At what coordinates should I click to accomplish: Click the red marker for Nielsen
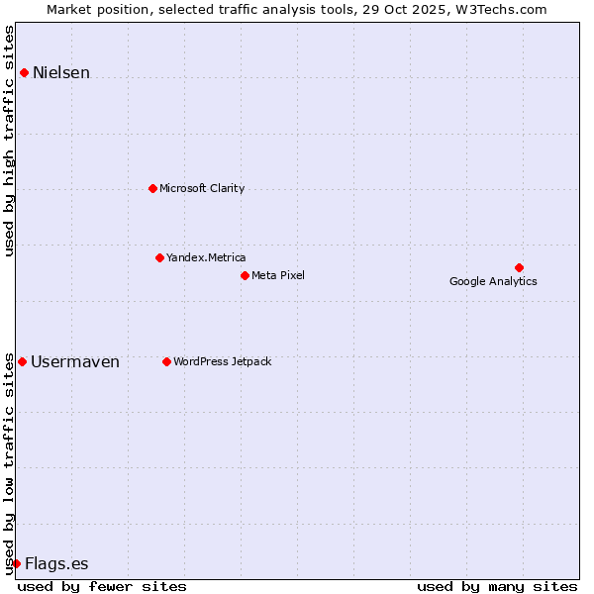pyautogui.click(x=24, y=72)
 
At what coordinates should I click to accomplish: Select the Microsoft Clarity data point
pyautogui.click(x=152, y=188)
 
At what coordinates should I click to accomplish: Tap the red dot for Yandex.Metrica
pyautogui.click(x=159, y=257)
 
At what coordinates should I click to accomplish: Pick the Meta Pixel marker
pyautogui.click(x=245, y=275)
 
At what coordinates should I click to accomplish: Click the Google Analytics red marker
pyautogui.click(x=519, y=267)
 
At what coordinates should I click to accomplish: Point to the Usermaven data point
pyautogui.click(x=22, y=361)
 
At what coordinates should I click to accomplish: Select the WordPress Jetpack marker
pyautogui.click(x=166, y=361)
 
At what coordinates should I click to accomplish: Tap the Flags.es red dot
pyautogui.click(x=16, y=563)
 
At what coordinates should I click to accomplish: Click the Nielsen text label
pyautogui.click(x=61, y=72)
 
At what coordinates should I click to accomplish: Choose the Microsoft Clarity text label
pyautogui.click(x=202, y=188)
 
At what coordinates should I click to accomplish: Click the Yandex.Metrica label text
pyautogui.click(x=206, y=257)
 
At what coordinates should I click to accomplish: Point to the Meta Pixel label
pyautogui.click(x=278, y=275)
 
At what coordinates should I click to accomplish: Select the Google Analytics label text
pyautogui.click(x=493, y=281)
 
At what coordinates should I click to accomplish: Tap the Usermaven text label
pyautogui.click(x=75, y=361)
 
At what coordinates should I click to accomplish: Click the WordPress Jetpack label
pyautogui.click(x=222, y=361)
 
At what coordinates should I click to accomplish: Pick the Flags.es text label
pyautogui.click(x=56, y=563)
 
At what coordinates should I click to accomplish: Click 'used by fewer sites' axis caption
pyautogui.click(x=102, y=586)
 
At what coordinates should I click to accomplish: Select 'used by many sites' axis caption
pyautogui.click(x=497, y=586)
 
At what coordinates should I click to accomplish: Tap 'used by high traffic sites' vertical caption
pyautogui.click(x=9, y=141)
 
